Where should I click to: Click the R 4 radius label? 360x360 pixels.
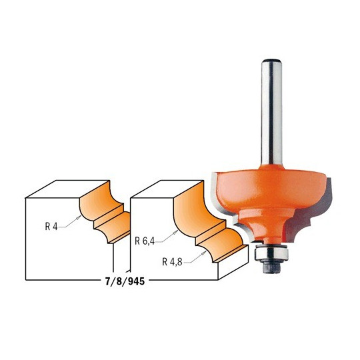51,227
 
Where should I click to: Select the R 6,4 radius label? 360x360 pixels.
145,241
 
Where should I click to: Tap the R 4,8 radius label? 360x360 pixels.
172,262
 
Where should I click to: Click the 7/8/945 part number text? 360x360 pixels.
125,281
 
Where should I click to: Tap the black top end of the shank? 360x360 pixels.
271,61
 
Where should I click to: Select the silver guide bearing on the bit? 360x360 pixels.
271,254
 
